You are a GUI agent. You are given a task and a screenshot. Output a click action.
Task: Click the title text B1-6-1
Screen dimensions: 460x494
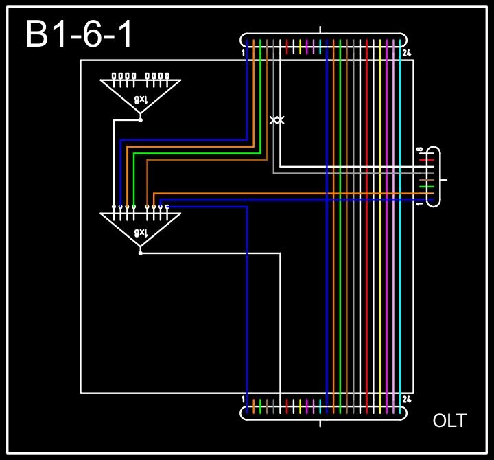[x=79, y=34]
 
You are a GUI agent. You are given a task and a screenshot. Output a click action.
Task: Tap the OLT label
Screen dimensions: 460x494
[x=449, y=421]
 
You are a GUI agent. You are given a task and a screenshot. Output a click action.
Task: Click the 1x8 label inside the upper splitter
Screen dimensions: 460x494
[x=141, y=99]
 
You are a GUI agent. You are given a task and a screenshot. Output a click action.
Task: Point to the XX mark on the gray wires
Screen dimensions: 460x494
[x=277, y=120]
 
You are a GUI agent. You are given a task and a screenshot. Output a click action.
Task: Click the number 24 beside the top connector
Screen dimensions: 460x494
[x=407, y=53]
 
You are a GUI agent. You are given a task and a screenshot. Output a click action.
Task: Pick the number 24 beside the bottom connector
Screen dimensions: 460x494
[x=407, y=399]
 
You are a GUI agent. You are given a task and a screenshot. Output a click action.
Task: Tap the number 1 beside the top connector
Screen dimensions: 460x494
[x=244, y=53]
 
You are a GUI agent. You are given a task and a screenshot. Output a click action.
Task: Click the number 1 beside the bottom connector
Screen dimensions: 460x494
[x=244, y=399]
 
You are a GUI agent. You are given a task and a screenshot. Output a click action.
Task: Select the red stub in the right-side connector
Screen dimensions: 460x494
[x=426, y=160]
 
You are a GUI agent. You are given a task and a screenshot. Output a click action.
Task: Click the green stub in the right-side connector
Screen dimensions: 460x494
[x=426, y=187]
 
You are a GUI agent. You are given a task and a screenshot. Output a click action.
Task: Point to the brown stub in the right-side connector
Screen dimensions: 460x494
[x=426, y=180]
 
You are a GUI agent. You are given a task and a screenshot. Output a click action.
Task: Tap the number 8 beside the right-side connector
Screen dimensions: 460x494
[x=419, y=149]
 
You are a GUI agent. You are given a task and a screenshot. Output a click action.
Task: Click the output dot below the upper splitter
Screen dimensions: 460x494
[x=141, y=119]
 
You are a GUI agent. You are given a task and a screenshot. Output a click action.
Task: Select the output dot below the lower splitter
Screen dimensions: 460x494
[x=141, y=253]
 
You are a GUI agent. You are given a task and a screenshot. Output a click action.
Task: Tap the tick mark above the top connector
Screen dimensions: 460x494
[x=321, y=30]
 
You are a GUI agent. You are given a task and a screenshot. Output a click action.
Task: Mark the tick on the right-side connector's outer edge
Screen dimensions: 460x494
[x=445, y=180]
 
